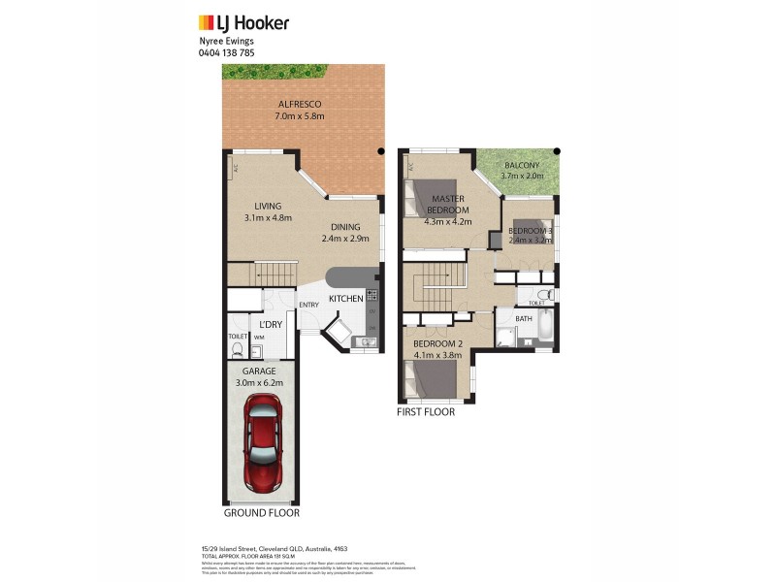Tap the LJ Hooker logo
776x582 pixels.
pyautogui.click(x=243, y=22)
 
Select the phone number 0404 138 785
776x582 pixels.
pyautogui.click(x=227, y=52)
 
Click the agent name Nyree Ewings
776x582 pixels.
pyautogui.click(x=226, y=42)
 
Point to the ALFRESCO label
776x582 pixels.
pyautogui.click(x=300, y=104)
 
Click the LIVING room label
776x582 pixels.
pyautogui.click(x=268, y=206)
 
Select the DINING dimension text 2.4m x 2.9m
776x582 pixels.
pyautogui.click(x=346, y=238)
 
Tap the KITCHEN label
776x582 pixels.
pyautogui.click(x=345, y=299)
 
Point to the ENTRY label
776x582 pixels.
pyautogui.click(x=308, y=306)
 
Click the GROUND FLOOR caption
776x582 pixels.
pyautogui.click(x=262, y=513)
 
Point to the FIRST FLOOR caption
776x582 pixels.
pyautogui.click(x=426, y=411)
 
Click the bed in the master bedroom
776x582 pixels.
pyautogui.click(x=427, y=198)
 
